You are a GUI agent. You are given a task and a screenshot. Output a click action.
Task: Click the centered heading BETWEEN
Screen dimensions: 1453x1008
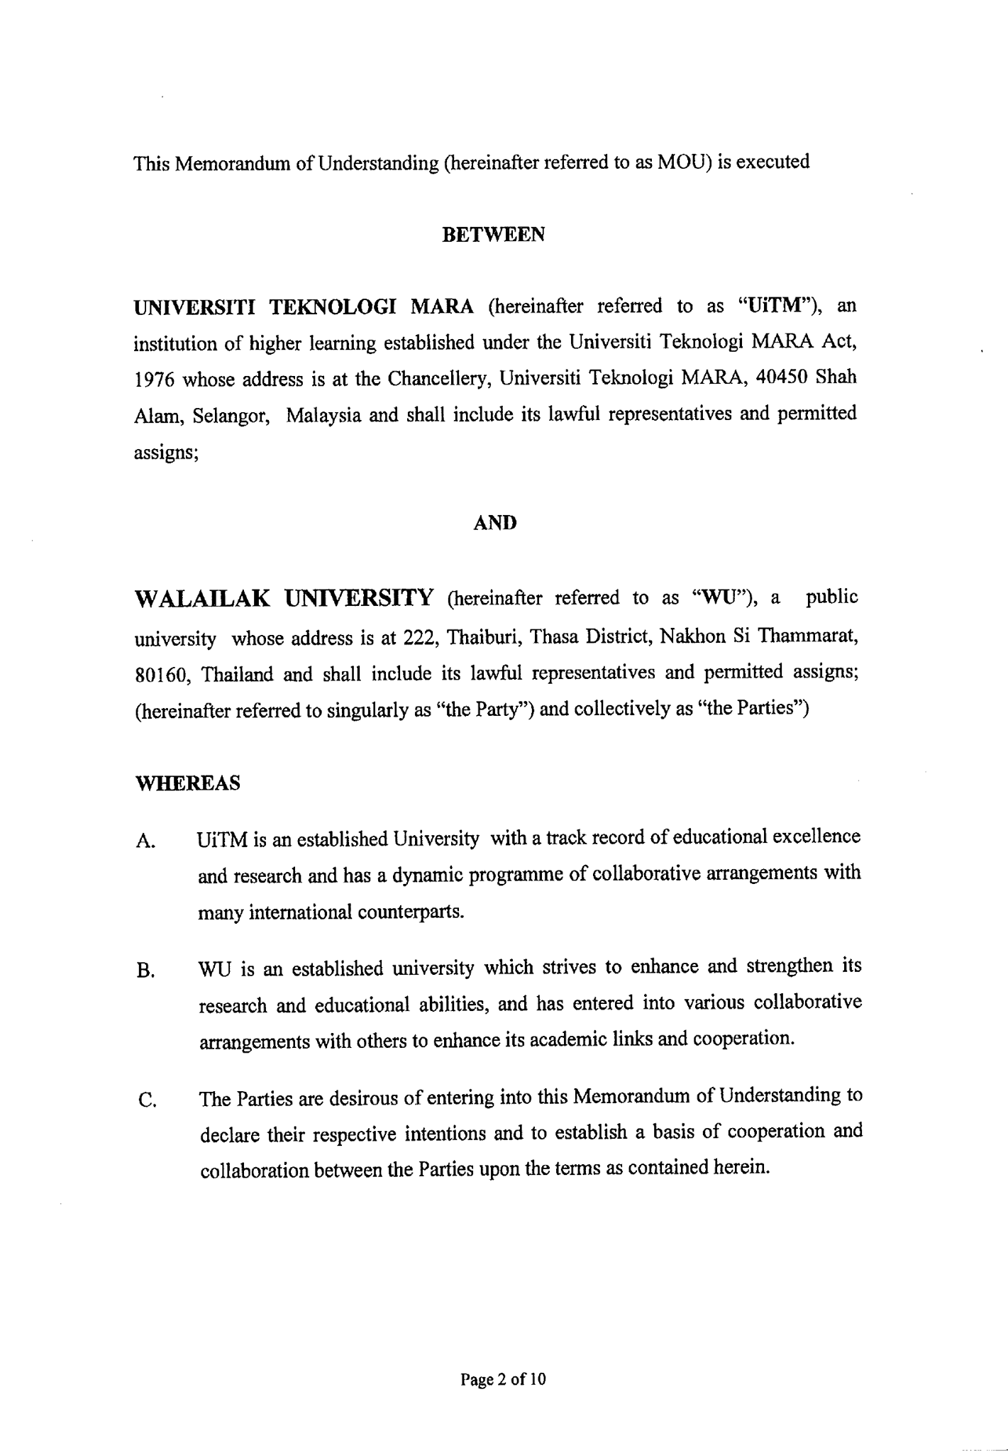point(493,235)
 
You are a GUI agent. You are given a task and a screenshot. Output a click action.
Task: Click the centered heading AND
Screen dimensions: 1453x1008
point(494,523)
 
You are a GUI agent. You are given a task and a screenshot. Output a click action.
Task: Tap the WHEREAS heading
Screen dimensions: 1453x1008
point(187,783)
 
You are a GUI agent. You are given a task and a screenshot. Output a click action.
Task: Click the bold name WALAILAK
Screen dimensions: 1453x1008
point(201,598)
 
